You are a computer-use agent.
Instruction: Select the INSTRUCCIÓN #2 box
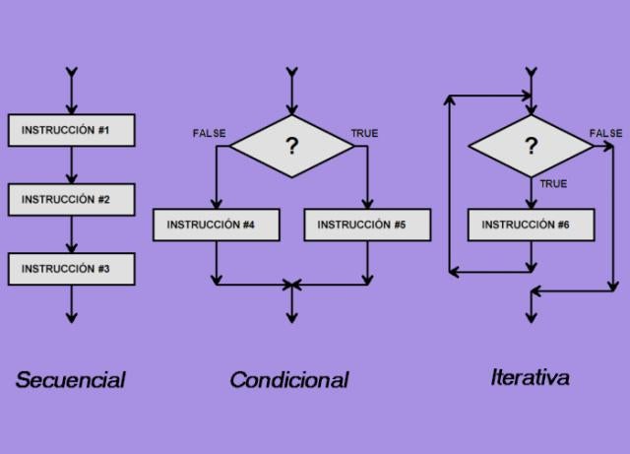click(71, 199)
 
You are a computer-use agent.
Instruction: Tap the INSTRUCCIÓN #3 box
click(71, 268)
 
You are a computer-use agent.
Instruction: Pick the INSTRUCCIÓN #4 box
click(217, 225)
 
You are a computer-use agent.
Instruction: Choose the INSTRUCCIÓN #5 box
click(367, 225)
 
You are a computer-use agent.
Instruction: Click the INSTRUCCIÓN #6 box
click(532, 225)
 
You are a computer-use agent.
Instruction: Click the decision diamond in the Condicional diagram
click(291, 147)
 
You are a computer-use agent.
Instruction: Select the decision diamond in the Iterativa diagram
click(532, 147)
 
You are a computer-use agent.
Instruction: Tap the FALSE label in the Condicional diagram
click(209, 133)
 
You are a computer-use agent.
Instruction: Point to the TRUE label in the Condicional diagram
click(364, 133)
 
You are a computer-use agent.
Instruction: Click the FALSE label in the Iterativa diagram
click(605, 133)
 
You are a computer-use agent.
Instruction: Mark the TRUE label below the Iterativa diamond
click(553, 184)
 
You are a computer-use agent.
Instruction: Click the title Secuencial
click(71, 379)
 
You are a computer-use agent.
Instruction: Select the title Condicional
click(289, 379)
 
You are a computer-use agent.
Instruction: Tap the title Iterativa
click(530, 376)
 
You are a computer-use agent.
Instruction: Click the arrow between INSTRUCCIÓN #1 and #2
click(71, 164)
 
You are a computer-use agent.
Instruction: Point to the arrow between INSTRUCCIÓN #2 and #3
click(71, 233)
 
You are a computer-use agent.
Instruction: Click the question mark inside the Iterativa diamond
click(532, 147)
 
